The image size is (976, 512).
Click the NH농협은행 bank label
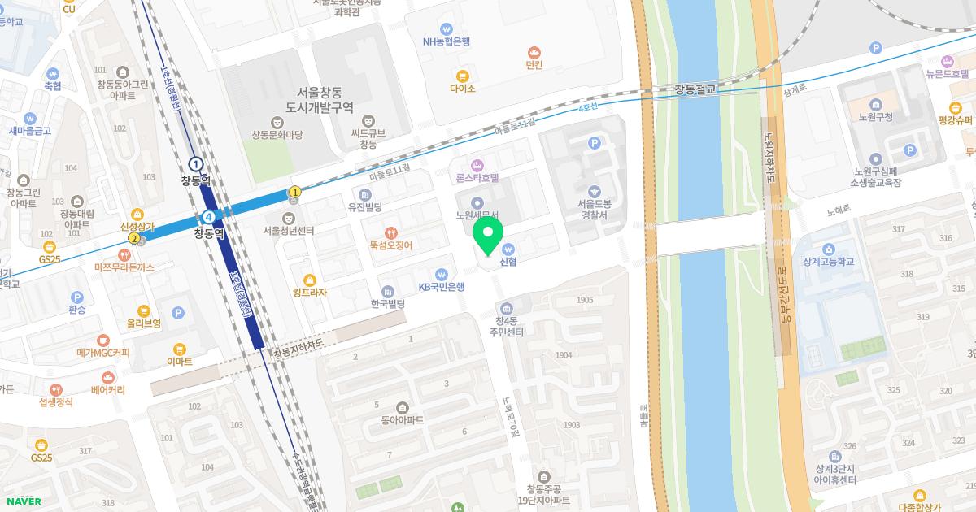(446, 41)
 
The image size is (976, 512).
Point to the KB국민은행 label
(442, 286)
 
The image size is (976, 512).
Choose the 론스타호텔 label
(477, 176)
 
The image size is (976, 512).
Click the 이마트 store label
(179, 361)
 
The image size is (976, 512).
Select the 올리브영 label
(143, 323)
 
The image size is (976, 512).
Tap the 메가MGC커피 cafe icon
(102, 340)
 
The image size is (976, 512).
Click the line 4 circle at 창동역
(210, 217)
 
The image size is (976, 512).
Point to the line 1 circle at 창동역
(196, 164)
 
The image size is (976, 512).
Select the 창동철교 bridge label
(695, 89)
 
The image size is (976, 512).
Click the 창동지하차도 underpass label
(298, 348)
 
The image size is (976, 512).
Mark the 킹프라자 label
(309, 292)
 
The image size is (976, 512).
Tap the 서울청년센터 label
(289, 230)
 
